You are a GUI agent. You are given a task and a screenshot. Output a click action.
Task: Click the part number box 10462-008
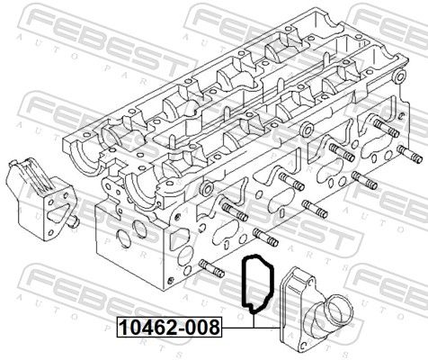169,327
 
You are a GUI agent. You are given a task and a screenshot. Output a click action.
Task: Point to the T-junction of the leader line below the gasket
254,328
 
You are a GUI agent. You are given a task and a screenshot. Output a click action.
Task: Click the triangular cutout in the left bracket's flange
58,212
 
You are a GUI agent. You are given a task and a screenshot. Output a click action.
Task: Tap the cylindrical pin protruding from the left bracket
73,221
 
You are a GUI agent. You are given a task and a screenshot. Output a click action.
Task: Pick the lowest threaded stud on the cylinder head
211,268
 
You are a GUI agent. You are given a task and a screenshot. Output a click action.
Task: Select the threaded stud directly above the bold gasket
266,237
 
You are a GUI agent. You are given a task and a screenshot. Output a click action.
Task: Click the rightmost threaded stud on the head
410,154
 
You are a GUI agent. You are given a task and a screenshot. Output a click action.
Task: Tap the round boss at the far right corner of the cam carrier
400,76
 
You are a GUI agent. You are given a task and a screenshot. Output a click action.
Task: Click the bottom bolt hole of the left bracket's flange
50,232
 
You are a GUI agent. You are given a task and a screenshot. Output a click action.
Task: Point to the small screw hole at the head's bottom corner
171,281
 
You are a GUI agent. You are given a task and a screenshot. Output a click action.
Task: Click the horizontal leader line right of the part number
251,328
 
